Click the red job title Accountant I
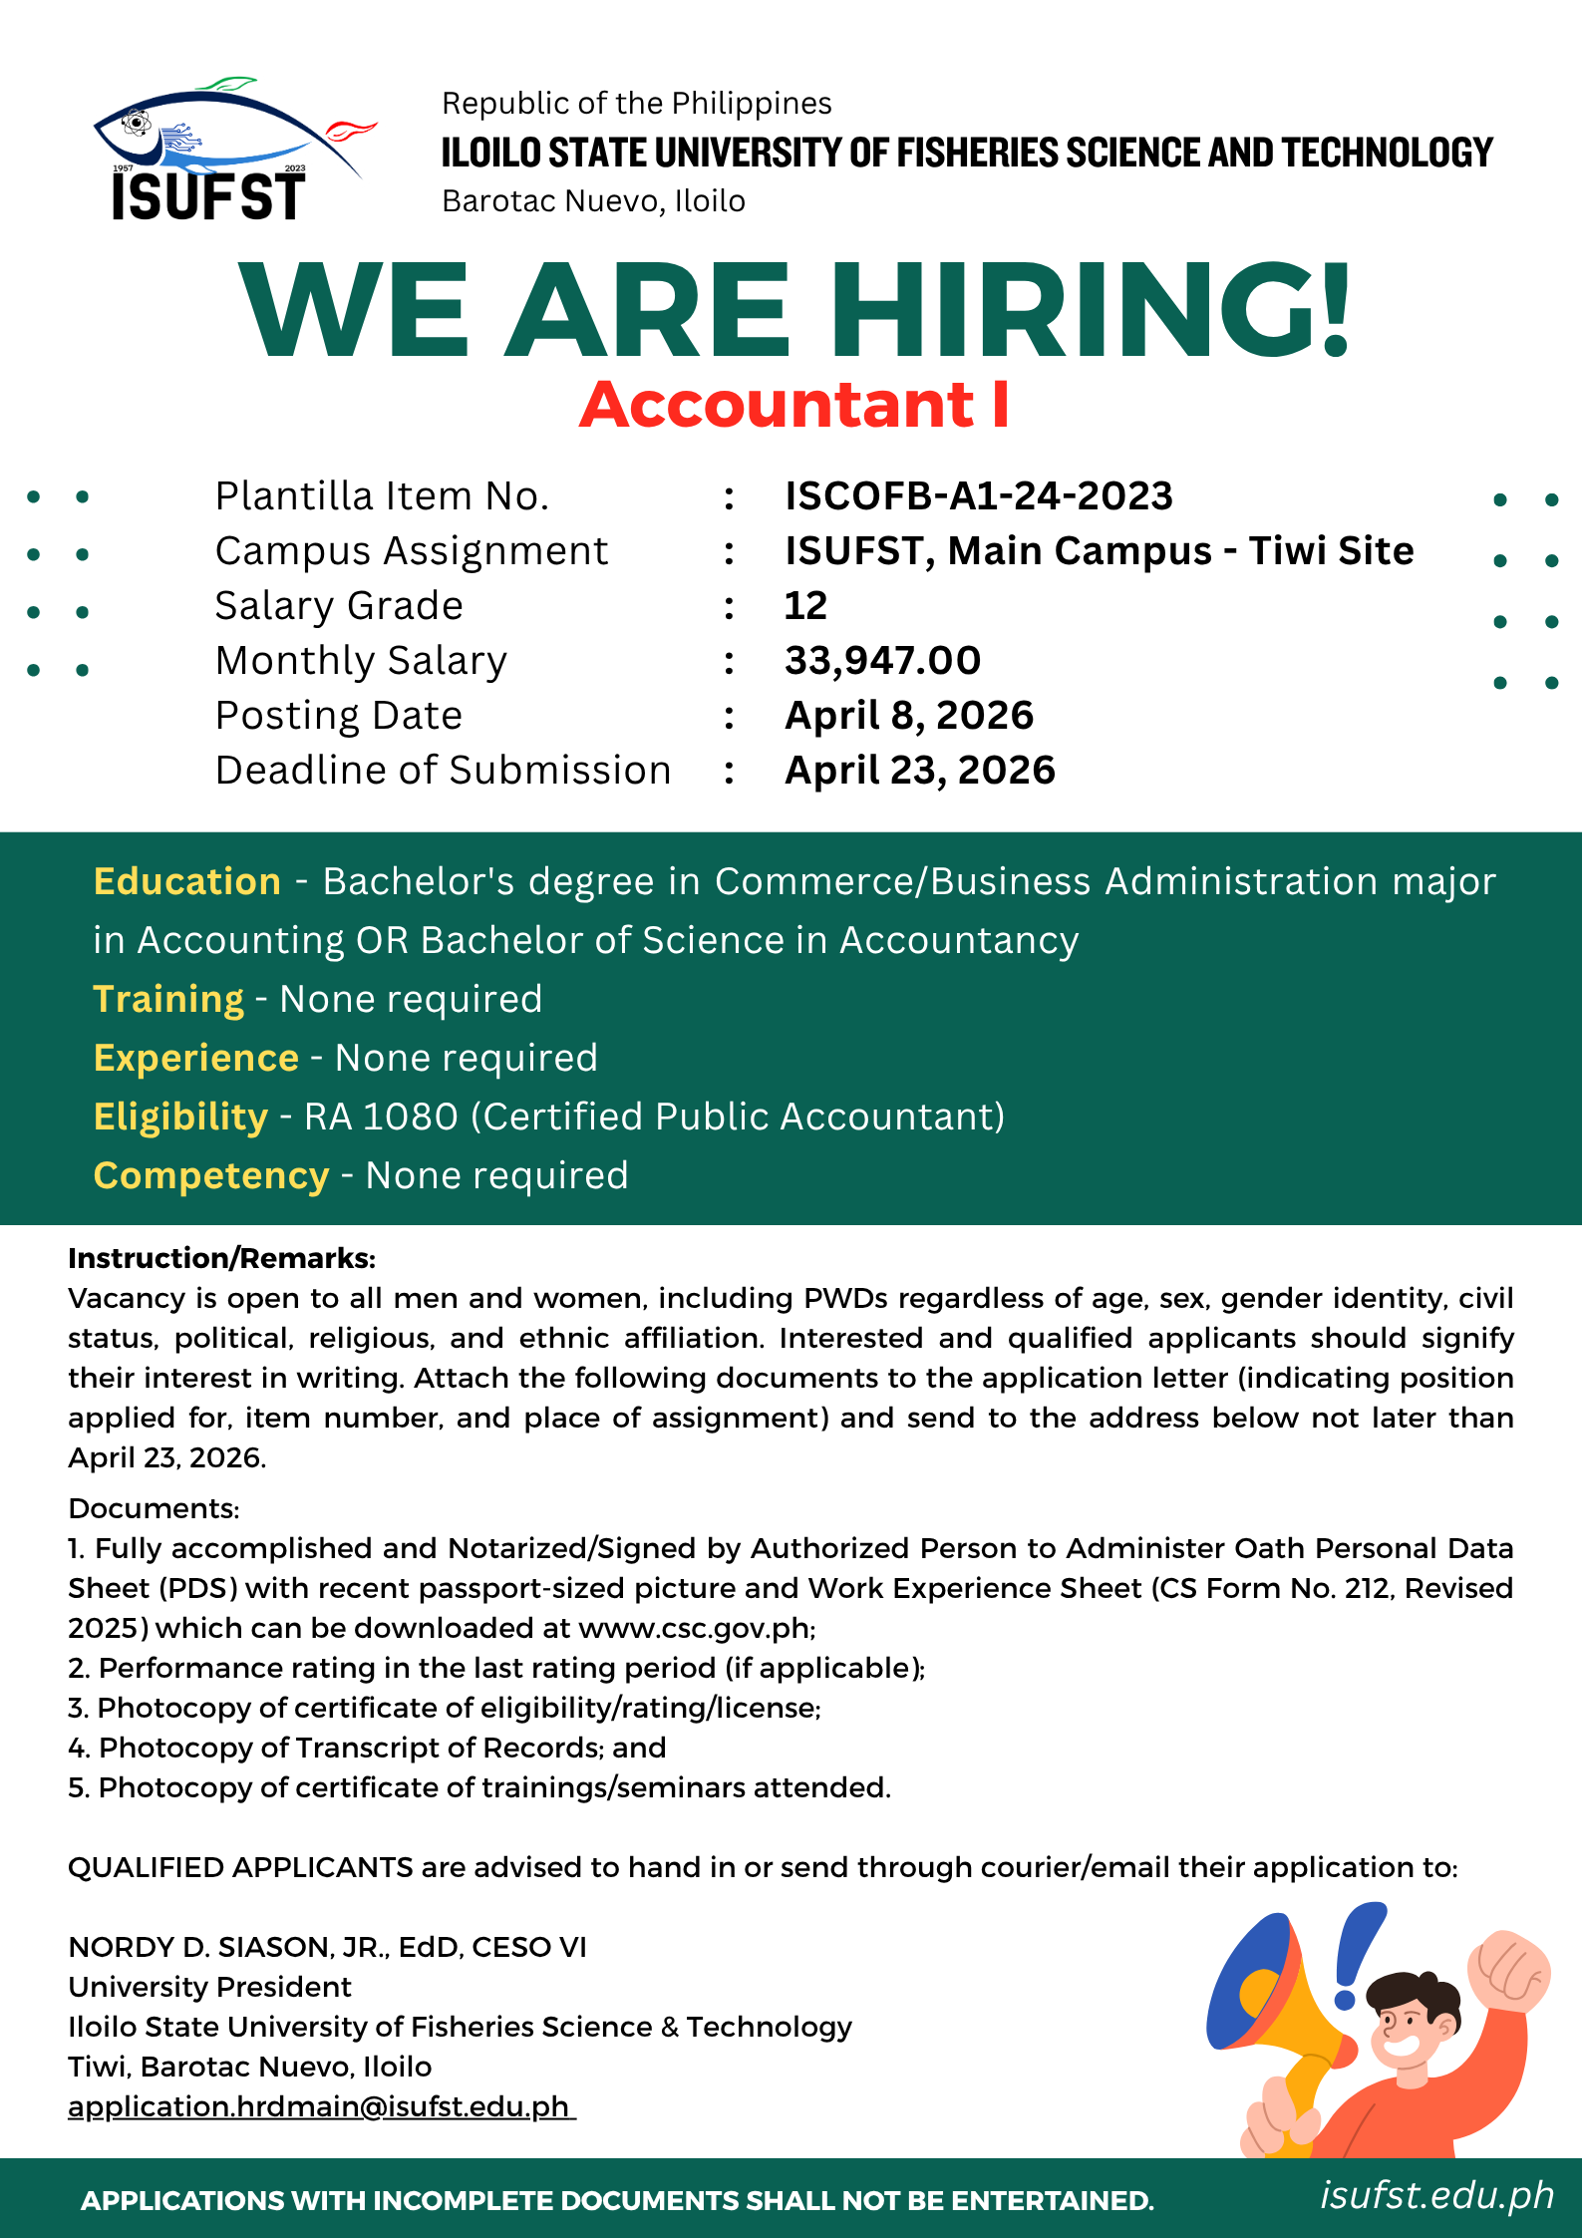[x=794, y=405]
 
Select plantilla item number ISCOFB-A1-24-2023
[x=978, y=495]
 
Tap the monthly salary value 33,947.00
[x=882, y=660]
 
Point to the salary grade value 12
[x=805, y=605]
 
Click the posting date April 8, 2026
[x=908, y=715]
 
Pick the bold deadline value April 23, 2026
[x=919, y=770]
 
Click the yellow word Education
[x=186, y=881]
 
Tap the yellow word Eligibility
[x=180, y=1117]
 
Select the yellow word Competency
[x=210, y=1175]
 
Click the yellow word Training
[x=168, y=999]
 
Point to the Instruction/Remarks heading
[x=221, y=1258]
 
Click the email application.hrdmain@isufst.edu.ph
[x=319, y=2106]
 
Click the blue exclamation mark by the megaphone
[x=1355, y=1954]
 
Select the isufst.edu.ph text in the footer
[x=1436, y=2194]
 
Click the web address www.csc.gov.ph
[x=694, y=1628]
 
